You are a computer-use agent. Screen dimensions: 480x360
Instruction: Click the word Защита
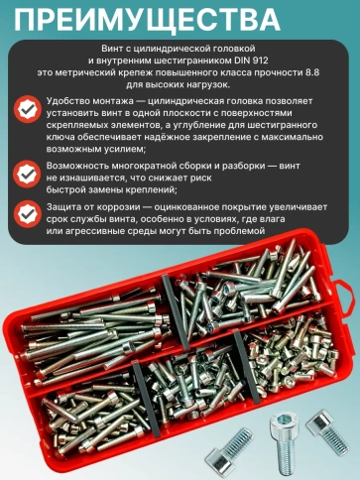[65, 206]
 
